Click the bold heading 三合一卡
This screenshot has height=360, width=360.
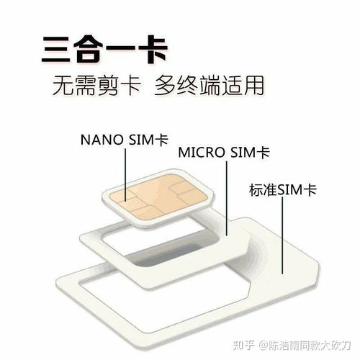(x=104, y=50)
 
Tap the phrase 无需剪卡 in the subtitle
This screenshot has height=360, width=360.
(x=96, y=85)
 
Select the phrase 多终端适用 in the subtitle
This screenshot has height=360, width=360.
(x=209, y=85)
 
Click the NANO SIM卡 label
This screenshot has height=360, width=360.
(x=124, y=140)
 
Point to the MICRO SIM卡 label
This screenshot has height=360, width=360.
(x=224, y=152)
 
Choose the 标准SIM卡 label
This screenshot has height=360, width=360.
(x=283, y=190)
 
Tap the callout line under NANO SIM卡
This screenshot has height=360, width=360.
(x=125, y=175)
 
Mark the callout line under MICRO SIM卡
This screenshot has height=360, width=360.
(x=227, y=198)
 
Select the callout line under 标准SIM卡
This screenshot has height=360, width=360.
(x=282, y=235)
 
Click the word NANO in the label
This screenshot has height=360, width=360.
(x=102, y=140)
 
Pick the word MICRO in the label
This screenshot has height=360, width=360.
(x=202, y=152)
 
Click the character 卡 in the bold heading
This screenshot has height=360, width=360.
(x=153, y=50)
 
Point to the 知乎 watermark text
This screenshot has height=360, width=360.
(x=243, y=346)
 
